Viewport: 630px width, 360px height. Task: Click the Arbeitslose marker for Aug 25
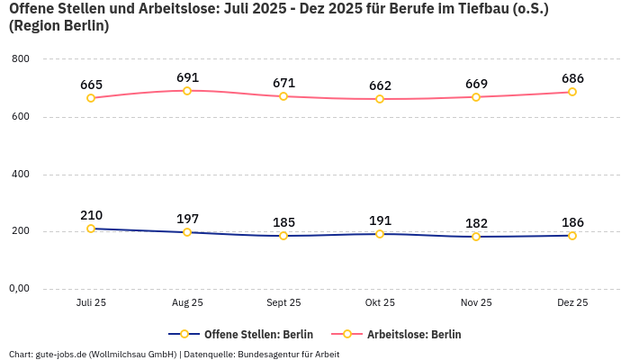click(x=187, y=91)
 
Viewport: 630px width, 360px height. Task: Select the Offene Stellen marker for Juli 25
click(x=91, y=229)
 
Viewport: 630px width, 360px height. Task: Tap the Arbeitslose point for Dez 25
click(x=572, y=92)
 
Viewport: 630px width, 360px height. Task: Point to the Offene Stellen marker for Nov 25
click(x=476, y=237)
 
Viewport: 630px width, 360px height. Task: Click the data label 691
click(x=187, y=77)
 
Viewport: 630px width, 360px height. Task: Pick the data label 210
click(x=91, y=215)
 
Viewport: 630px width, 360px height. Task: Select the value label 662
click(x=380, y=85)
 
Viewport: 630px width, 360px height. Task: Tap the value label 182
click(x=476, y=223)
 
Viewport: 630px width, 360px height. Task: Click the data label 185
click(x=283, y=222)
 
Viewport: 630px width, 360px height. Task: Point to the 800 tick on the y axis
click(x=20, y=59)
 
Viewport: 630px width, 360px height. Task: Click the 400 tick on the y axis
click(x=20, y=174)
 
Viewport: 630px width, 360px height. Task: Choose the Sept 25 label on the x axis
click(x=283, y=303)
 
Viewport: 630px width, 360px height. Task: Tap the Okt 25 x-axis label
click(x=380, y=303)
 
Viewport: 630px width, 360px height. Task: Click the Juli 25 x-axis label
click(x=91, y=303)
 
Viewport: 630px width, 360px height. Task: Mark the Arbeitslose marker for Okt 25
click(x=380, y=99)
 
